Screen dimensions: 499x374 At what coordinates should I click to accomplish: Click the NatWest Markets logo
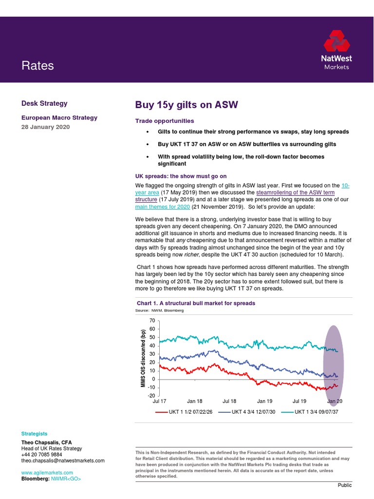coord(337,50)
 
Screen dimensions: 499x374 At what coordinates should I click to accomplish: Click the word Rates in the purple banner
coord(37,66)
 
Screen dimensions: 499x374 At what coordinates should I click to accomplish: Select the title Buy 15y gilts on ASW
coord(187,105)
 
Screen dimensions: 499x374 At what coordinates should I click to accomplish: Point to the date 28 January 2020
coord(46,127)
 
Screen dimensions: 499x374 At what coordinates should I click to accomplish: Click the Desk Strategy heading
coord(44,103)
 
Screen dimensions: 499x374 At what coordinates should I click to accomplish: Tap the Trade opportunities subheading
coord(164,121)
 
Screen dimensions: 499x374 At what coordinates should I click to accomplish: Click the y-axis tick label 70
coord(151,321)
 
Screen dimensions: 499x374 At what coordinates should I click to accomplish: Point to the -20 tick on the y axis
coord(150,396)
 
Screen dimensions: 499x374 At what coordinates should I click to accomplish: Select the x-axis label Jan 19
coord(264,401)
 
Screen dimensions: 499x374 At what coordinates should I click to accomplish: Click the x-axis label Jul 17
coord(159,401)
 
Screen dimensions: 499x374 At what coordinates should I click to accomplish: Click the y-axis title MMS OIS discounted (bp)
coord(143,358)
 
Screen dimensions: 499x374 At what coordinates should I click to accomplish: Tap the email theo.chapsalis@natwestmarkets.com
coord(63,461)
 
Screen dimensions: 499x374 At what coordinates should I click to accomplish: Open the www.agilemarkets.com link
coord(47,473)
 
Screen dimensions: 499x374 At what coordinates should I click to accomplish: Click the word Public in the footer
coord(344,485)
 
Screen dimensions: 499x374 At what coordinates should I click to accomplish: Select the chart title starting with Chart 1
coord(196,303)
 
